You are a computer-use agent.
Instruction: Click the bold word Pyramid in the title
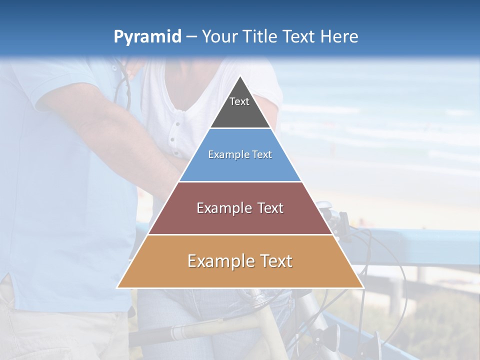pos(147,37)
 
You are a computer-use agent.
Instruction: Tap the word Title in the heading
pos(260,37)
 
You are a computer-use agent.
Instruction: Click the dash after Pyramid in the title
pos(191,37)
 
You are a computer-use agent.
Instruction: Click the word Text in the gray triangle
pos(239,101)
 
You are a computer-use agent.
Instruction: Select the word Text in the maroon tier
pos(271,208)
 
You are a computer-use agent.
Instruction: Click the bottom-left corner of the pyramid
pos(118,287)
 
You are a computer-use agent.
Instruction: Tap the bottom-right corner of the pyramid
pos(362,287)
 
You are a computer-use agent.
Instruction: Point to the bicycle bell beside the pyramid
pos(324,205)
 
